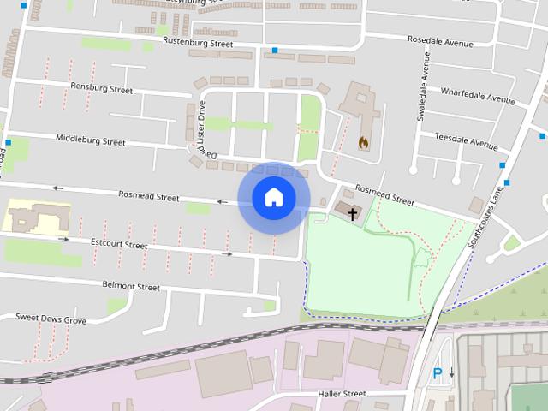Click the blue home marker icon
click(x=273, y=198)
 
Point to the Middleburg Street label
click(x=90, y=139)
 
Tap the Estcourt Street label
click(x=119, y=244)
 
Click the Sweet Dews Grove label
click(x=51, y=319)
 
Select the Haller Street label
click(x=342, y=394)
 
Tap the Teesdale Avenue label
click(x=466, y=140)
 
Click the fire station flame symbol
click(x=363, y=142)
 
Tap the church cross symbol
click(x=352, y=213)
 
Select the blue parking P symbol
click(x=438, y=373)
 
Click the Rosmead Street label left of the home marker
click(x=149, y=196)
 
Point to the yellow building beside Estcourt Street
click(x=36, y=217)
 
